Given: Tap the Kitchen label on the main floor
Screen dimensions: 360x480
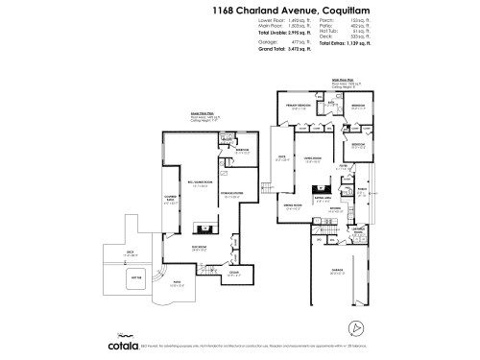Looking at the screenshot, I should coord(335,208).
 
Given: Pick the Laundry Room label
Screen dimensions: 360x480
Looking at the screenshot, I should coord(357,231).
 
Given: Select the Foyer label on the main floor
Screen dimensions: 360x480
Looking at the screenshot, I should coord(342,165).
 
